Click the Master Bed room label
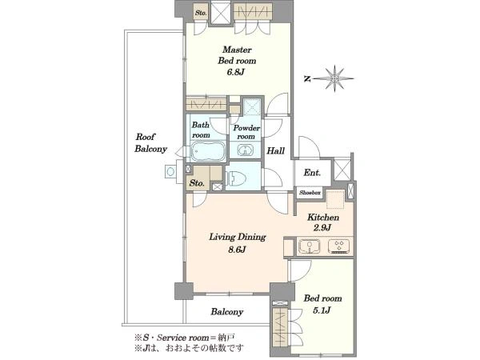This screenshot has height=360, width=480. [x=237, y=55]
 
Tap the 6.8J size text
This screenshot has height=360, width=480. [x=237, y=73]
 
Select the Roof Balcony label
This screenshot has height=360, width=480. [x=150, y=142]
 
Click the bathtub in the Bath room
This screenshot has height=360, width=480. [x=209, y=151]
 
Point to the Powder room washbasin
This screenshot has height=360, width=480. [x=246, y=150]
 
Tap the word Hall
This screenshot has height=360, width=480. [x=275, y=150]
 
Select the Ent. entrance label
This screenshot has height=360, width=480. [x=312, y=173]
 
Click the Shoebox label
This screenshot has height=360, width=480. [x=310, y=193]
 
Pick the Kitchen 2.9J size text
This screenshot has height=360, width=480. [x=322, y=228]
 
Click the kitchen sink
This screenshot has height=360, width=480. [x=310, y=246]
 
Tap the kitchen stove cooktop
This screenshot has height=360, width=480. [x=339, y=246]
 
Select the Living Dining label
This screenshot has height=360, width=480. [x=238, y=237]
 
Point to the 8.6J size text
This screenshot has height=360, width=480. [x=237, y=250]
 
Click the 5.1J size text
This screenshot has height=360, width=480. [x=322, y=310]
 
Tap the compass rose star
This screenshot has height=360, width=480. [x=335, y=78]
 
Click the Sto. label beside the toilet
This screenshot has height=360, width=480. [x=197, y=183]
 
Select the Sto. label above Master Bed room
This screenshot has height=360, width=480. [x=201, y=13]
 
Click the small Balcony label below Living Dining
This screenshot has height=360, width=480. [x=227, y=312]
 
